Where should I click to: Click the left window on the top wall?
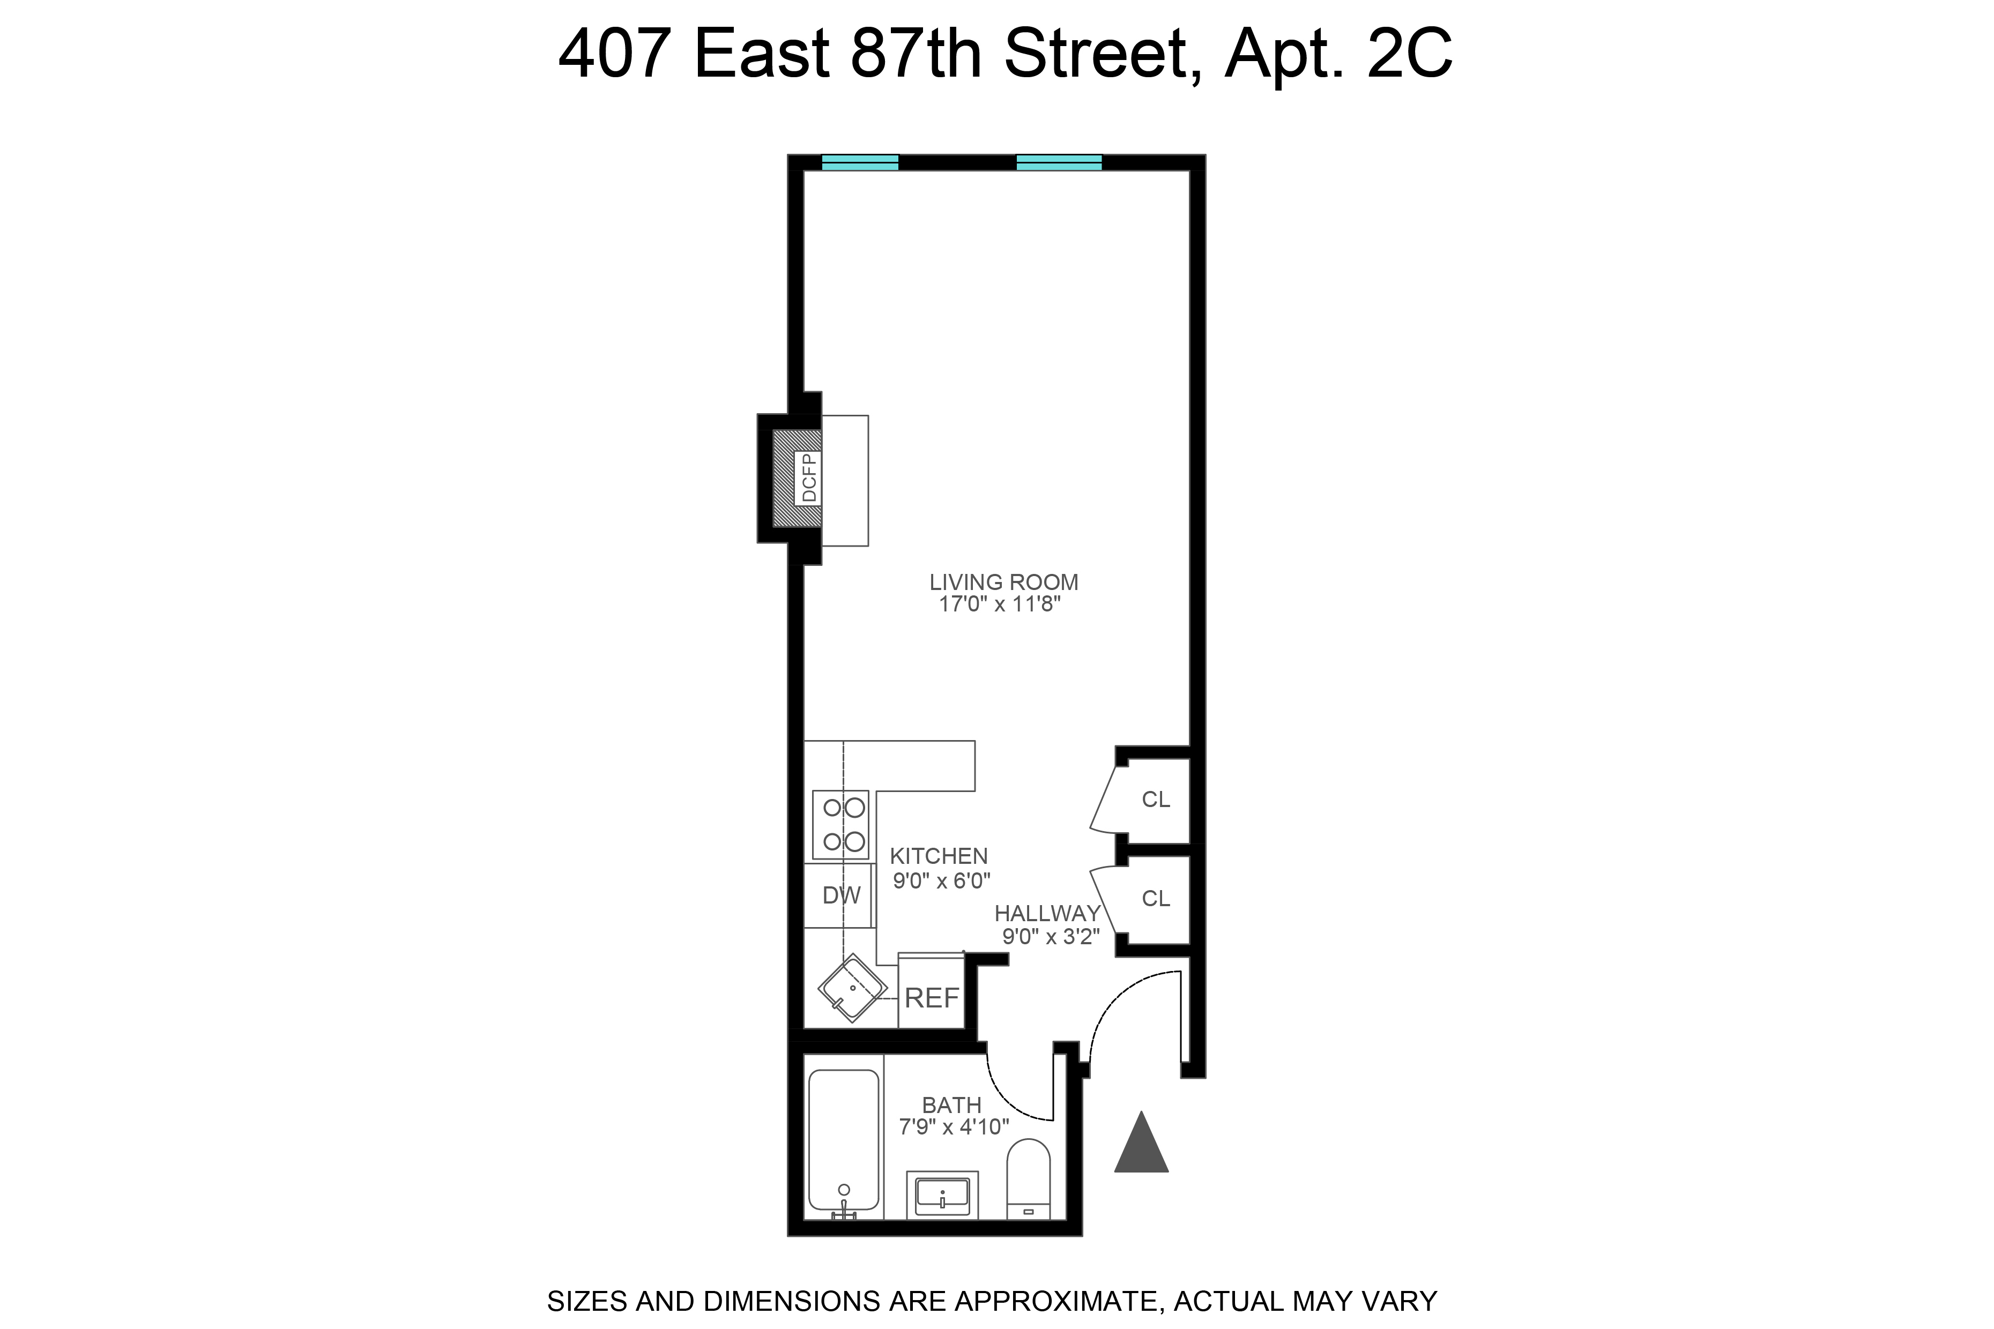click(x=860, y=163)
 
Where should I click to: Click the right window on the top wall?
click(x=1059, y=163)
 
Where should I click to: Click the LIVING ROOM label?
click(x=1004, y=583)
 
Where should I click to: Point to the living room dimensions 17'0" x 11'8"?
click(x=1000, y=604)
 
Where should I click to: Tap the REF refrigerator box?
click(x=932, y=998)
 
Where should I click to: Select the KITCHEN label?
click(x=939, y=856)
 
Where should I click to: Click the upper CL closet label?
click(x=1156, y=799)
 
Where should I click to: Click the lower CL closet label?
click(x=1156, y=899)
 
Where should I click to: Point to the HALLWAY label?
click(x=1047, y=914)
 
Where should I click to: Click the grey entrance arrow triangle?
click(x=1141, y=1146)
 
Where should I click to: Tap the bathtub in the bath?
click(x=844, y=1139)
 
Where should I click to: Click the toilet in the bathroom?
click(x=1029, y=1178)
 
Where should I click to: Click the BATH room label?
click(x=951, y=1105)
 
